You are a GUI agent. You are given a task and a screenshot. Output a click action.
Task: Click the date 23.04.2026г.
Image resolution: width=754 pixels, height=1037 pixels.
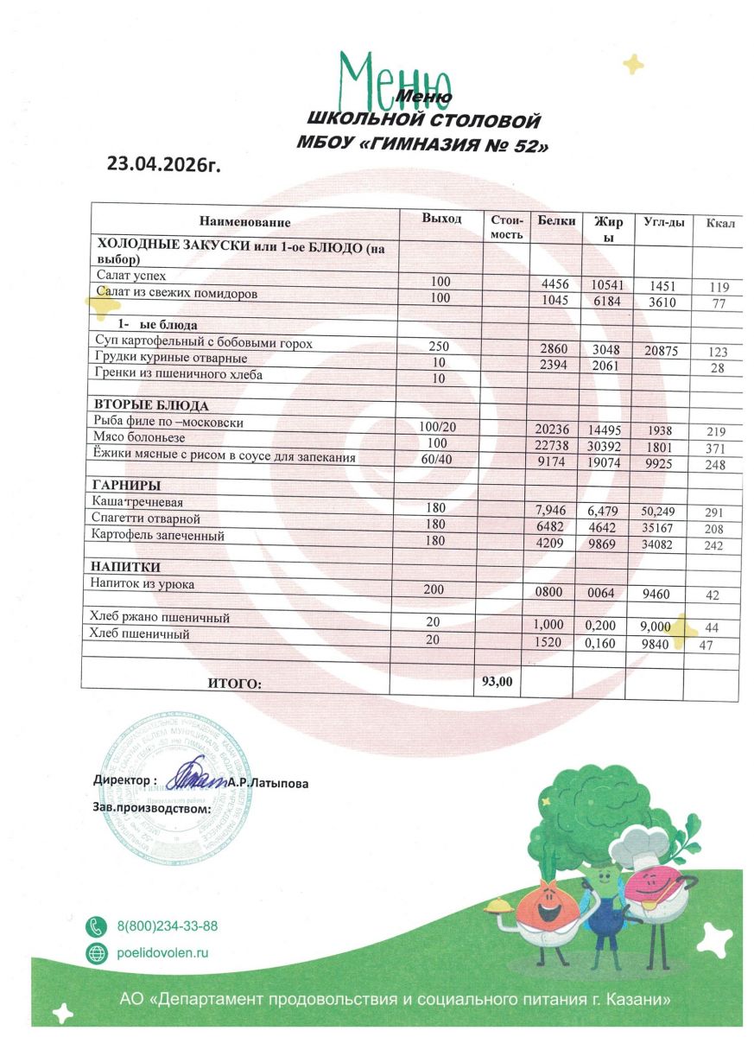point(164,164)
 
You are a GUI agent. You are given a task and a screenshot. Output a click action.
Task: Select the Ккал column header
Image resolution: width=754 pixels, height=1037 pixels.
point(719,224)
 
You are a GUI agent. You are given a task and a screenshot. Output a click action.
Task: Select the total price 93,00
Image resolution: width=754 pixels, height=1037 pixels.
point(497,681)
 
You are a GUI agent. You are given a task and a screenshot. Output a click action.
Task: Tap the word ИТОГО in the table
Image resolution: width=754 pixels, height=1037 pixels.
point(234,684)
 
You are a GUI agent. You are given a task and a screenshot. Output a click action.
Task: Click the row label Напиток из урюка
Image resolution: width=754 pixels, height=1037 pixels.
point(143,584)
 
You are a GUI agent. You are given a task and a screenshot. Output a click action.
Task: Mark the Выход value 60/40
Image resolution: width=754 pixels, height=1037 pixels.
point(435,458)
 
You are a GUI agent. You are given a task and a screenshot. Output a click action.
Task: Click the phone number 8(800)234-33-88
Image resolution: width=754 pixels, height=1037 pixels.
point(167,926)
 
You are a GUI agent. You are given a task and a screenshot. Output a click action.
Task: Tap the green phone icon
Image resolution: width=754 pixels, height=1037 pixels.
point(96,926)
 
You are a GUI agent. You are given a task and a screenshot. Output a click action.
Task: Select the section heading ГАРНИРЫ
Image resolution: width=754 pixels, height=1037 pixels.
point(127,485)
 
